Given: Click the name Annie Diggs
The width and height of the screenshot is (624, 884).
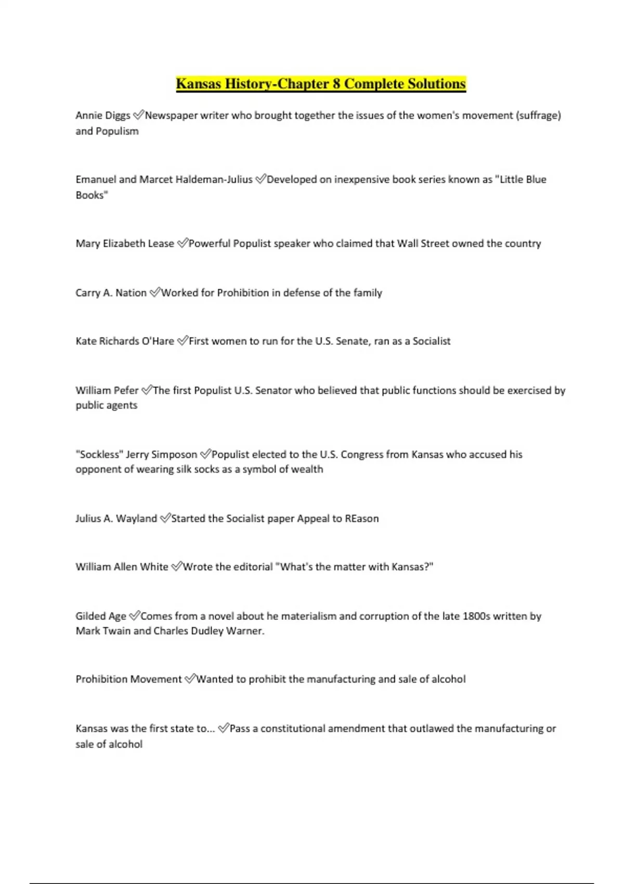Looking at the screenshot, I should (x=102, y=115).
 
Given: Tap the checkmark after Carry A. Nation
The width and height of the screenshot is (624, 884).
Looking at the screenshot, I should (x=155, y=293).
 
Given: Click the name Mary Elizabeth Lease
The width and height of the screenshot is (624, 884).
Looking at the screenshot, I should (x=125, y=243).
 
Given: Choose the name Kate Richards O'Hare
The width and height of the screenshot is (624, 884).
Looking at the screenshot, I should (x=125, y=341).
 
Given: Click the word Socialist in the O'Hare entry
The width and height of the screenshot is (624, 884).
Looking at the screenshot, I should (x=432, y=341).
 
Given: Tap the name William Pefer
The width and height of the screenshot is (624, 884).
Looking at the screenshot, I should (x=107, y=391).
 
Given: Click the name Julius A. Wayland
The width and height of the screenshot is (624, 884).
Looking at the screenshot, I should (x=116, y=518).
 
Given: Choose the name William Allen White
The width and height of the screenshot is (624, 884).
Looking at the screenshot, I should (x=122, y=567).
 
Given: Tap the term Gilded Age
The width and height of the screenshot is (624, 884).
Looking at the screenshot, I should (x=101, y=616).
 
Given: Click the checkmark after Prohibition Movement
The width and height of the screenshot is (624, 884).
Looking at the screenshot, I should (x=190, y=679).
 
